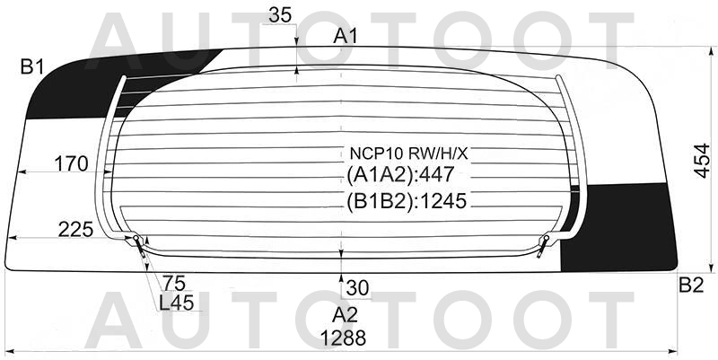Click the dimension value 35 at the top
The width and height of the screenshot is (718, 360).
point(280,15)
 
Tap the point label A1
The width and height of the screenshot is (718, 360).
point(346,36)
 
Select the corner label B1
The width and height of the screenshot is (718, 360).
point(31,67)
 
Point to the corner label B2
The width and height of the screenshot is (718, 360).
point(691,285)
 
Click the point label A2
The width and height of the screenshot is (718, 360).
point(346,315)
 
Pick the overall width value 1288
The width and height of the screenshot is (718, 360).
point(344,338)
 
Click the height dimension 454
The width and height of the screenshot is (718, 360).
point(702,161)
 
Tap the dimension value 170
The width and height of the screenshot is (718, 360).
point(71,163)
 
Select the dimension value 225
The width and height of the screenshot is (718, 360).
point(76,230)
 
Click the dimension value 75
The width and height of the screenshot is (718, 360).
point(174,284)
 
